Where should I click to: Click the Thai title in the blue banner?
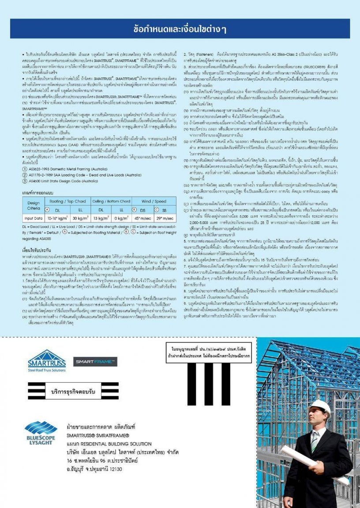click(x=180, y=29)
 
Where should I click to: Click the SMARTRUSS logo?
click(x=46, y=361)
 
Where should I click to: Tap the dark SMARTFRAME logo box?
click(x=95, y=362)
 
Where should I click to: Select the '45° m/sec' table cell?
click(x=141, y=218)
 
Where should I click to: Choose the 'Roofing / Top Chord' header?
click(x=67, y=201)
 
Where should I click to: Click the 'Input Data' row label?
click(x=33, y=218)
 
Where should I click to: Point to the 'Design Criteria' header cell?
click(x=33, y=205)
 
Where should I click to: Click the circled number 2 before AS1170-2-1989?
click(x=25, y=174)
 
